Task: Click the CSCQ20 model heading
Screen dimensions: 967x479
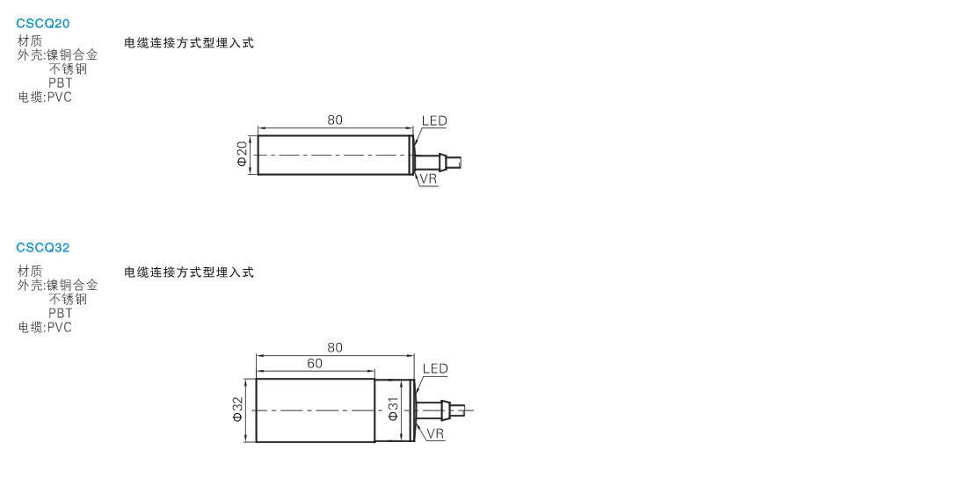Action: tap(43, 24)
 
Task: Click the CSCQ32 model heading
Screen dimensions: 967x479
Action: tap(43, 248)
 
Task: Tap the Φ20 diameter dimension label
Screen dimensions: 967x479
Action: tap(242, 154)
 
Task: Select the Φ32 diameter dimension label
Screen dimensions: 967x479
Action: tap(238, 410)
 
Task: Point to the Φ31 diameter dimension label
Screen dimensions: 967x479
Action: tap(394, 409)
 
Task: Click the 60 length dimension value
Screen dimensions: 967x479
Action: tap(315, 364)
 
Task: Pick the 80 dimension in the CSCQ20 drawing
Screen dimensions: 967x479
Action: tap(335, 120)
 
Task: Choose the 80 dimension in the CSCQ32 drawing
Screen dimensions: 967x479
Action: tap(335, 348)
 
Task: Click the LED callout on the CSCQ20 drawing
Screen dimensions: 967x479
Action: tap(434, 120)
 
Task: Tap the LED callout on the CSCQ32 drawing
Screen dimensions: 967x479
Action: tap(435, 369)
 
